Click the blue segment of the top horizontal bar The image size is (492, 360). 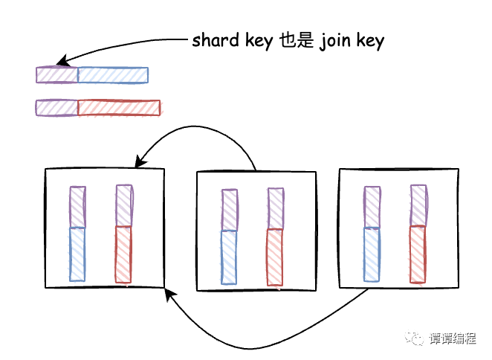click(x=113, y=75)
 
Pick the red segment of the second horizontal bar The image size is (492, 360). click(x=119, y=108)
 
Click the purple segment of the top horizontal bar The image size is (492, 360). click(x=57, y=75)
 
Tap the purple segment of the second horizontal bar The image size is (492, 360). click(x=56, y=108)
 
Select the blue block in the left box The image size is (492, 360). click(x=78, y=254)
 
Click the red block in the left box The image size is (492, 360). click(x=123, y=254)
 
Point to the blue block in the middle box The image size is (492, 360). click(x=230, y=258)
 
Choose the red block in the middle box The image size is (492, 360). click(x=275, y=258)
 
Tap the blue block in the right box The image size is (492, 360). click(x=372, y=254)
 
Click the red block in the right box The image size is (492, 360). click(x=418, y=254)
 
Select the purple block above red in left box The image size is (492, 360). click(x=123, y=206)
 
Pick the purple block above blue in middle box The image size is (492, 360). click(x=230, y=210)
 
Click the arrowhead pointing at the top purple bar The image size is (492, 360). click(x=62, y=62)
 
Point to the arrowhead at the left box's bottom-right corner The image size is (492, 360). click(x=169, y=293)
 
